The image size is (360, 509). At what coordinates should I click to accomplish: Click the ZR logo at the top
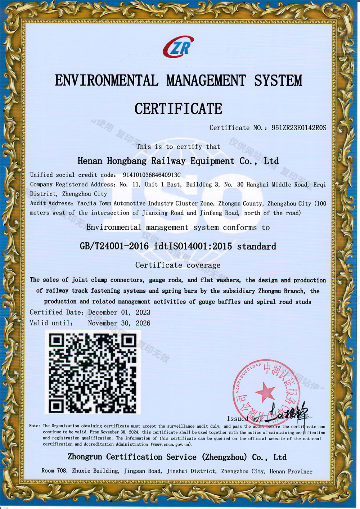[x=179, y=47]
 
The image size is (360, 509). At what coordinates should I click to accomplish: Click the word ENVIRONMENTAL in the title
[x=107, y=80]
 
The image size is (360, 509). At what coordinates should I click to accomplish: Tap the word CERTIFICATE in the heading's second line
[x=179, y=109]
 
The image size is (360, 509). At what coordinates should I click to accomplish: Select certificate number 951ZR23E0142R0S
[x=299, y=128]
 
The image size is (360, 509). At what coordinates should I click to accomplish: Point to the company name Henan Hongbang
[x=112, y=161]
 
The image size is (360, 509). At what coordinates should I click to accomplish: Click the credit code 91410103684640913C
[x=152, y=175]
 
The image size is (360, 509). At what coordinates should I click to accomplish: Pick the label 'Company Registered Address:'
[x=73, y=185]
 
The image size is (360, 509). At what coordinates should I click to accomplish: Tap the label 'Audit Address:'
[x=51, y=203]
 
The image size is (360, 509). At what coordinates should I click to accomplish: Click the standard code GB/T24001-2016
[x=114, y=247]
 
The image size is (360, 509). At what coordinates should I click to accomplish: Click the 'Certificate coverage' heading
[x=178, y=265]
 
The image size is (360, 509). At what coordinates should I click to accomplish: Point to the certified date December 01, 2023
[x=119, y=312]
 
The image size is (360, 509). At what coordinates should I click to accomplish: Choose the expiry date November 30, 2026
[x=119, y=323]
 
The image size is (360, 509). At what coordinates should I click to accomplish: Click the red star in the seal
[x=266, y=391]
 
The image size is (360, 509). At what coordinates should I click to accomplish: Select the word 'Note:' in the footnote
[x=35, y=426]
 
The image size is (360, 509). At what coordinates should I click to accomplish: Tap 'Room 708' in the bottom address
[x=54, y=471]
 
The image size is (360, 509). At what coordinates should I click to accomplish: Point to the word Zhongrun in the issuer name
[x=85, y=457]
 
